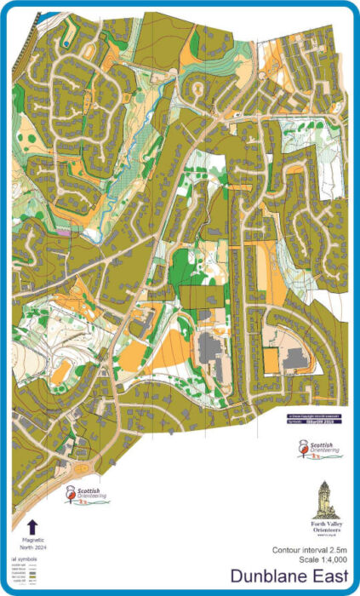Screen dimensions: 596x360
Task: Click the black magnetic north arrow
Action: [32, 525]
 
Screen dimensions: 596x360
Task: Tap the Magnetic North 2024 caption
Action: [32, 543]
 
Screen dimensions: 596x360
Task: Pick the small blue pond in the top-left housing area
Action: [65, 43]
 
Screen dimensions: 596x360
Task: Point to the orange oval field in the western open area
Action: [60, 371]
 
